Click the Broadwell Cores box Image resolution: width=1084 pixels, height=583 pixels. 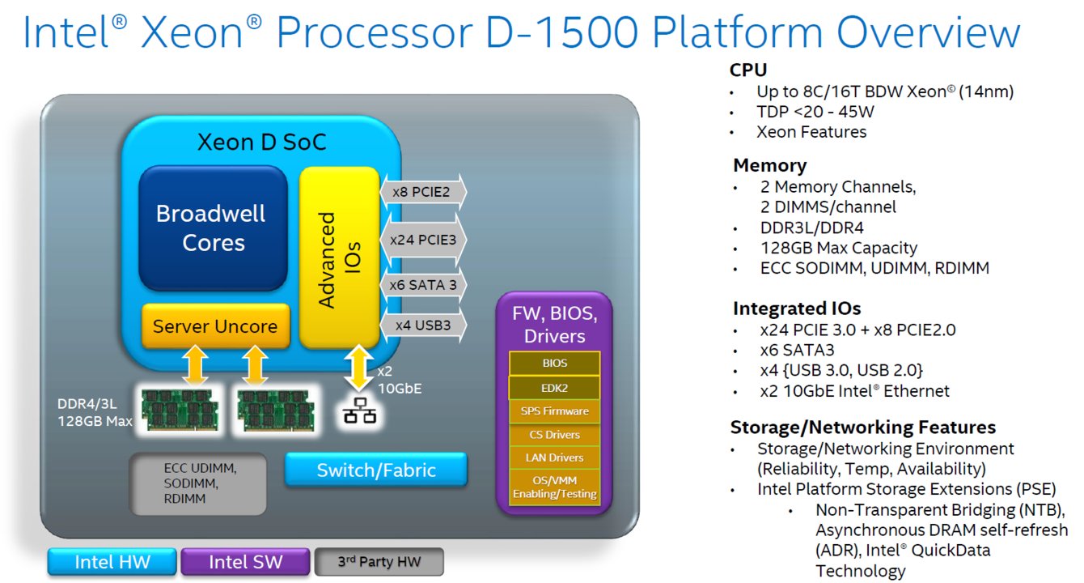(x=213, y=228)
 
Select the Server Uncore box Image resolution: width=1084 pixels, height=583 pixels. (x=214, y=327)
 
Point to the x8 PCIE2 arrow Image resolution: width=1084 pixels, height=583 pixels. (x=423, y=192)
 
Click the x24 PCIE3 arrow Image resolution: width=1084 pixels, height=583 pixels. (x=423, y=240)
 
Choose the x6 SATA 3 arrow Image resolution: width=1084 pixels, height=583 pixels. (x=423, y=284)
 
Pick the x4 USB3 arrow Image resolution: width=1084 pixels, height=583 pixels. (x=423, y=326)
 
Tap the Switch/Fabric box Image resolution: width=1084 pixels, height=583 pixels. (x=376, y=470)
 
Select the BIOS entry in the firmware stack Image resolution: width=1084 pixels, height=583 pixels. (x=554, y=364)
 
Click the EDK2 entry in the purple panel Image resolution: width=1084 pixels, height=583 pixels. (x=554, y=387)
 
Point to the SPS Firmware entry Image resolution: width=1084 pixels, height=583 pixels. (x=554, y=411)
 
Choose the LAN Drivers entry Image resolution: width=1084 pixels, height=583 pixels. (x=554, y=458)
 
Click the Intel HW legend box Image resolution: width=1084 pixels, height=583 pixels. (x=112, y=562)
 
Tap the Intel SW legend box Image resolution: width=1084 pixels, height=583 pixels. (x=245, y=562)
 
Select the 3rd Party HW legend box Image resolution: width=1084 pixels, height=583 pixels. (x=379, y=561)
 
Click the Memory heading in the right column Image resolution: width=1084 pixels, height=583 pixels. (x=769, y=166)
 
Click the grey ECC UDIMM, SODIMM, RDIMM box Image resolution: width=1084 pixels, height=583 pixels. (x=198, y=483)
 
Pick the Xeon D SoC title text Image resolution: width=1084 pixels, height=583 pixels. (x=262, y=143)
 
